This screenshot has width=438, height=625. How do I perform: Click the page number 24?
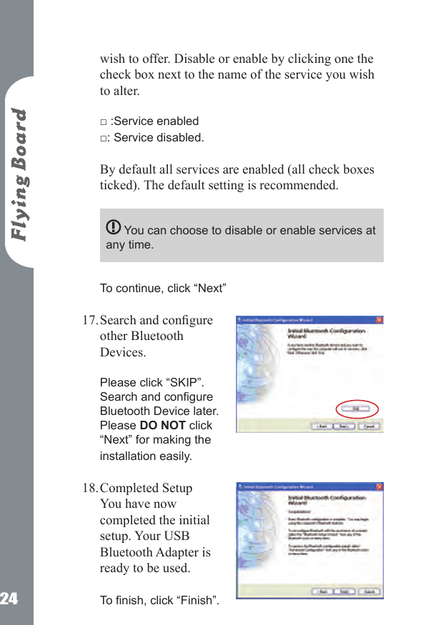[9, 599]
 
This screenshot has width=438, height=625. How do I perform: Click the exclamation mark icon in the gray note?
[113, 228]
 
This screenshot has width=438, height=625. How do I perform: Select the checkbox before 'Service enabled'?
[104, 122]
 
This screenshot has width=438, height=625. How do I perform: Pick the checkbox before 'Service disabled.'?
[104, 139]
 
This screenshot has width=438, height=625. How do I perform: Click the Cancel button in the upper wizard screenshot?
[370, 426]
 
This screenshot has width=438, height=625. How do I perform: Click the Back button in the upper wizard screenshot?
[323, 426]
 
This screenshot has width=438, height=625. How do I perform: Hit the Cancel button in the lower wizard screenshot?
[370, 591]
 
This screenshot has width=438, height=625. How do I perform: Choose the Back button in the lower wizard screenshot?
[323, 591]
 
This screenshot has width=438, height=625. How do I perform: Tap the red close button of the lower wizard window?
[379, 487]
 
